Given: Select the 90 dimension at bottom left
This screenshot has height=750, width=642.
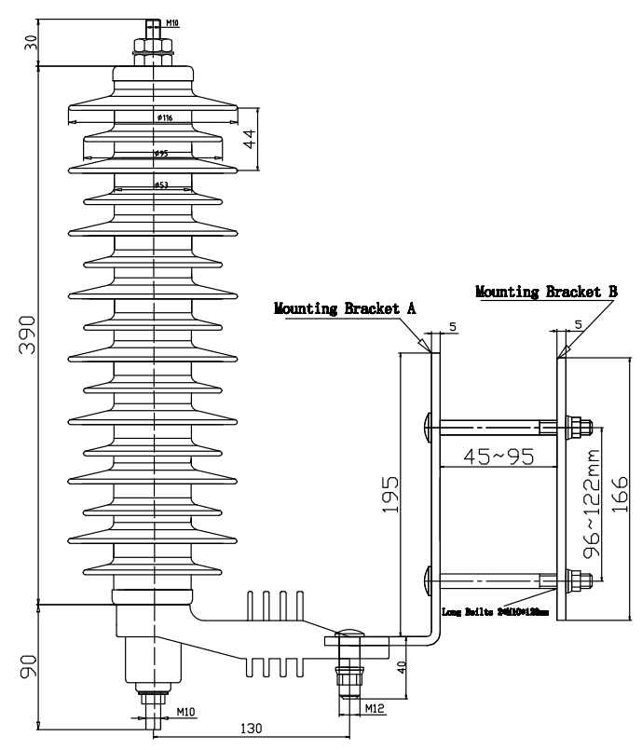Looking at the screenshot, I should (x=27, y=665).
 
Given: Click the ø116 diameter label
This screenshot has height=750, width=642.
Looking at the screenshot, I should (x=163, y=117).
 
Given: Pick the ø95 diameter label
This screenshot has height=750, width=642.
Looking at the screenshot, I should (x=160, y=153).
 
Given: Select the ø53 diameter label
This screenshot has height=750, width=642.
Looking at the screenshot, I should (x=160, y=185).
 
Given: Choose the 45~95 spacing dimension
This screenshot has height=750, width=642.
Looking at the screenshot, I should (x=493, y=457).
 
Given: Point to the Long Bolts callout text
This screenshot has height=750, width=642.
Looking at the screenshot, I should (x=494, y=612).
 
